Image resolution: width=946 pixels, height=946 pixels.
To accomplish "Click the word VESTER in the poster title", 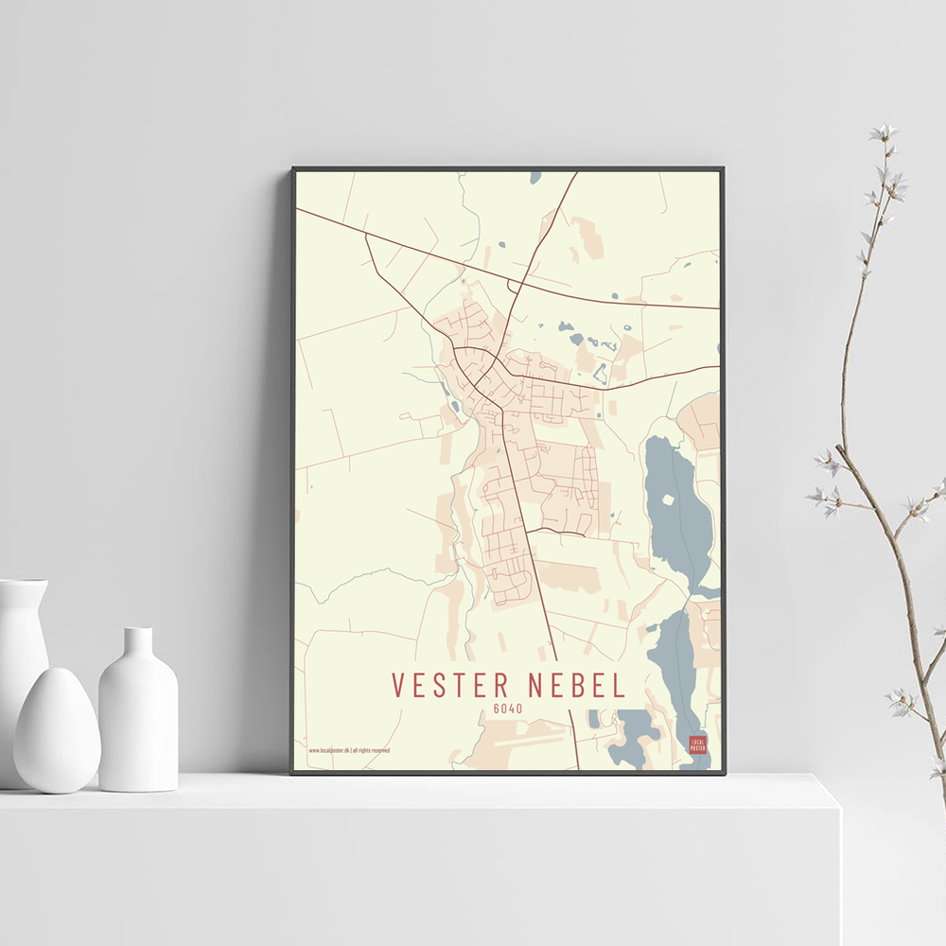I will pos(447,685).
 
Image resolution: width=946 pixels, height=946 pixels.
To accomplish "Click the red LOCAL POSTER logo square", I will pos(697,744).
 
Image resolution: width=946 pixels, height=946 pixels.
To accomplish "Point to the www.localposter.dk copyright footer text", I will pos(348,750).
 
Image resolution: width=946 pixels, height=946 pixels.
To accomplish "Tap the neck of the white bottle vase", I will pos(138,643).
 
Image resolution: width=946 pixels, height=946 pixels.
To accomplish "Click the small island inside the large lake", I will pos(669,499).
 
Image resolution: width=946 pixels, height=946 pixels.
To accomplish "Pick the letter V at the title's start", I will pos(399,685).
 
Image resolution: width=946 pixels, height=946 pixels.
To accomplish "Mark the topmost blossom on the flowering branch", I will pos(884,133).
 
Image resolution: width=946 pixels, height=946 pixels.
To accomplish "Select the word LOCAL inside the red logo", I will pos(697,741).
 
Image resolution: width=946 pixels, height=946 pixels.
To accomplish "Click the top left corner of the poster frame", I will pos(293,169).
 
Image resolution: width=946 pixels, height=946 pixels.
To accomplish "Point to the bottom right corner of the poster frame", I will pos(724,773).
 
